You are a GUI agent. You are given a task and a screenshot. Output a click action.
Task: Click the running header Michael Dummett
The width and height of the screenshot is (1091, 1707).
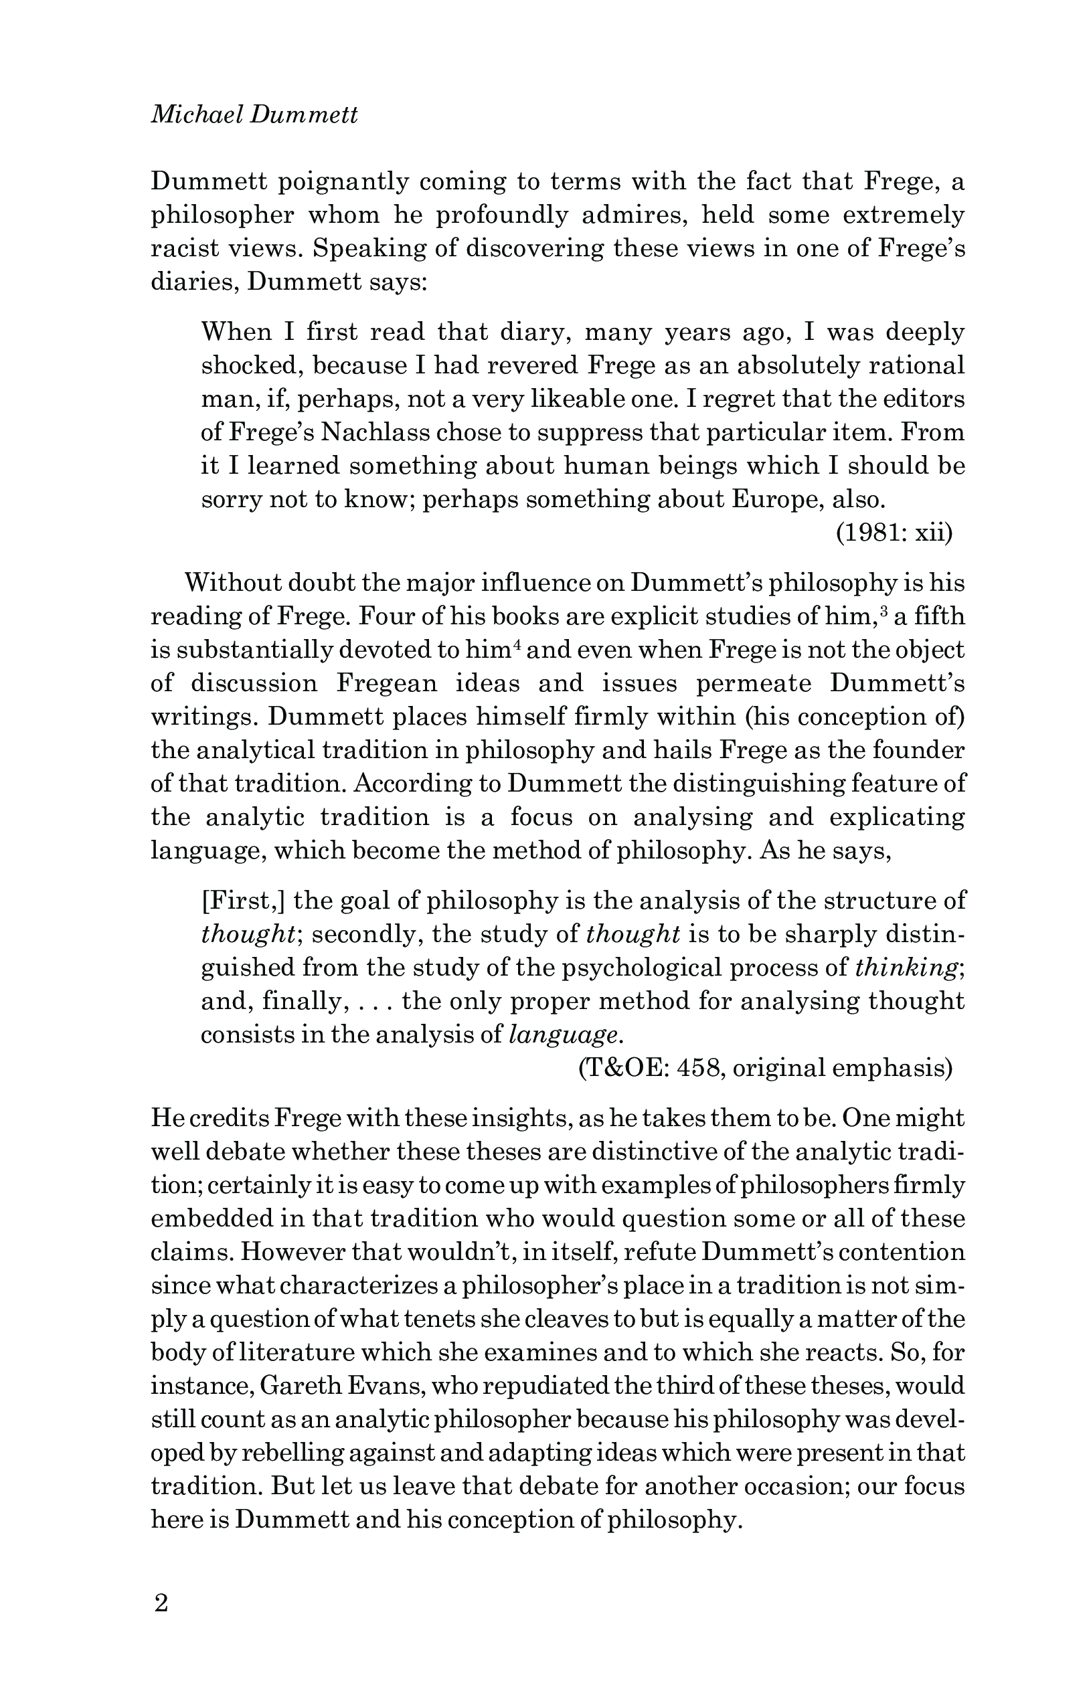[254, 115]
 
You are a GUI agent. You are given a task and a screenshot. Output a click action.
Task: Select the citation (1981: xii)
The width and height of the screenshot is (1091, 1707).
[894, 533]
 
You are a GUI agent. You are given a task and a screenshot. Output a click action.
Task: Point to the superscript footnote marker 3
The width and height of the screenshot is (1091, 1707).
[883, 609]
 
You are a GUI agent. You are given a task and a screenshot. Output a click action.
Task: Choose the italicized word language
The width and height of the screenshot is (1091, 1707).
[564, 1035]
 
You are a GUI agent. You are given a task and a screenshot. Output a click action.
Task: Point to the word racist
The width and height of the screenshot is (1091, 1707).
[185, 248]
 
